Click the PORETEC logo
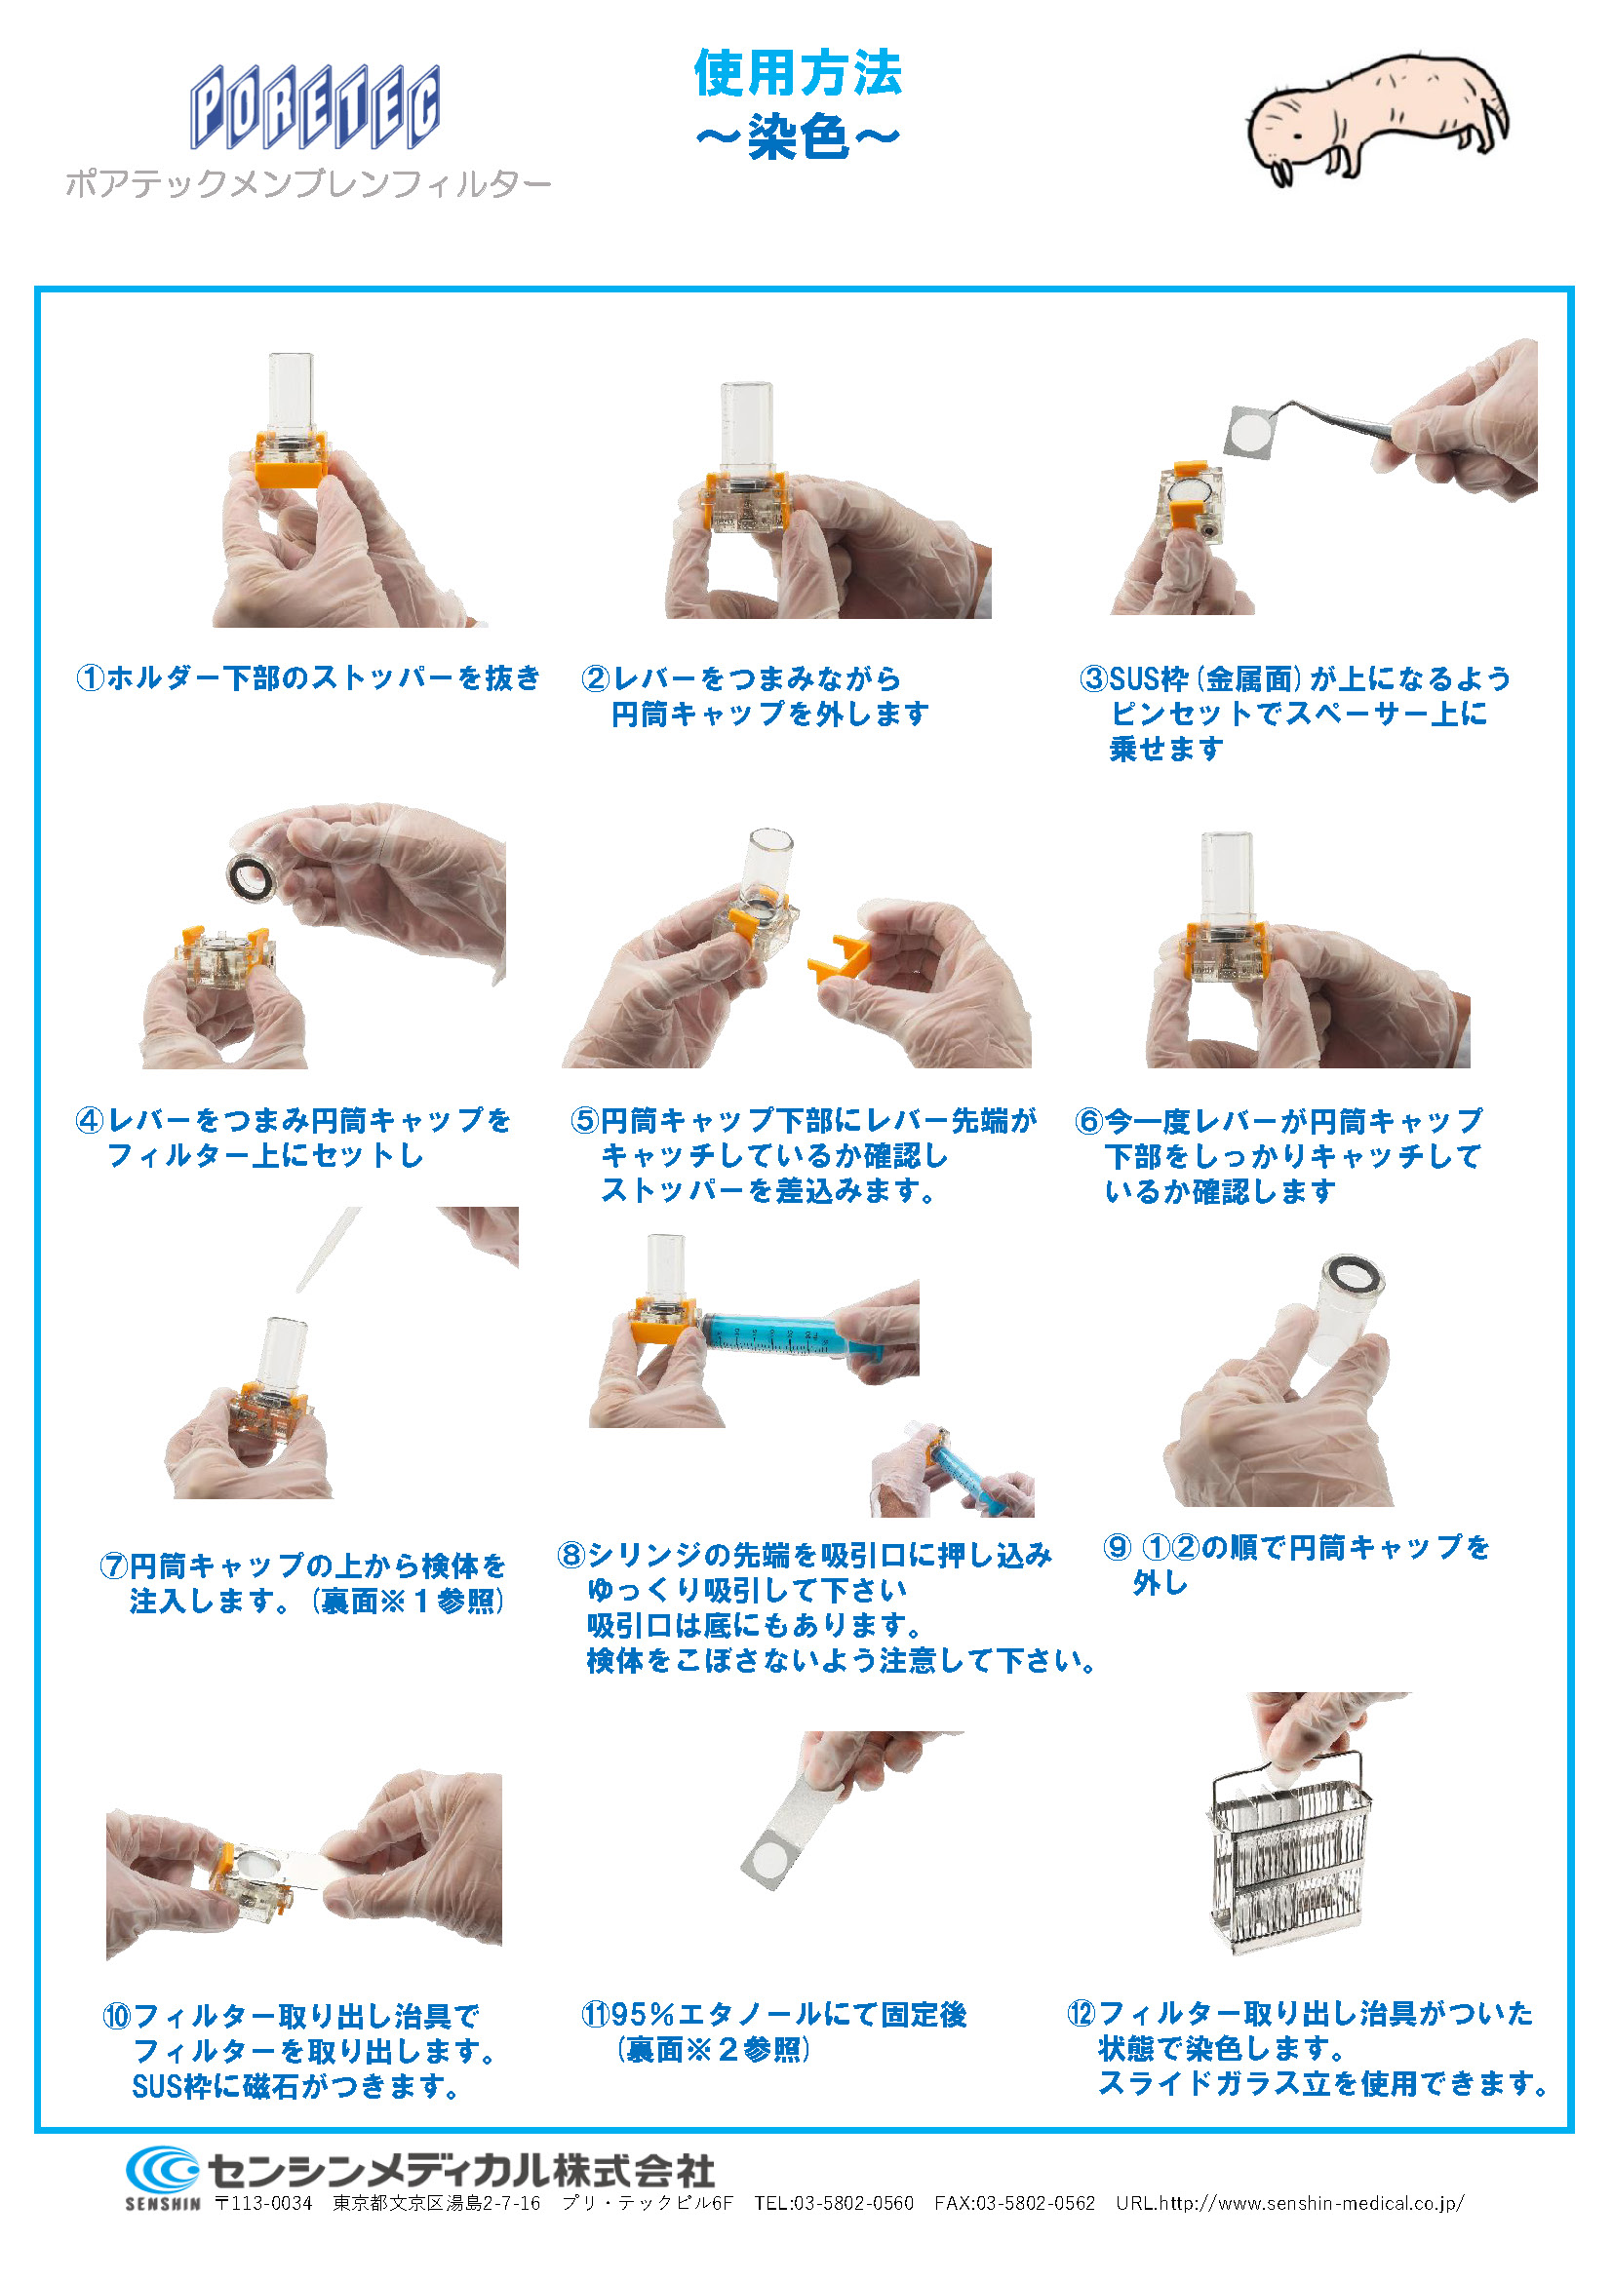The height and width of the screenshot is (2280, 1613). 315,106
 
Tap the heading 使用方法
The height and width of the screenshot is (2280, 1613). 798,72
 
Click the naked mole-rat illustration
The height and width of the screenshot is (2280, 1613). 1379,119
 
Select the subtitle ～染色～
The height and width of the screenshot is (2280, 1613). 798,136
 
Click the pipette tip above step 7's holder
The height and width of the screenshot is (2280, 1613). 329,1250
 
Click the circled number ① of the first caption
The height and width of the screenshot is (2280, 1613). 91,678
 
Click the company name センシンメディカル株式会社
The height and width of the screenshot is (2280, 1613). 461,2171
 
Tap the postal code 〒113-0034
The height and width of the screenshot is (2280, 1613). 264,2204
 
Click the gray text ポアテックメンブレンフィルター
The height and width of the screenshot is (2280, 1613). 308,184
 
